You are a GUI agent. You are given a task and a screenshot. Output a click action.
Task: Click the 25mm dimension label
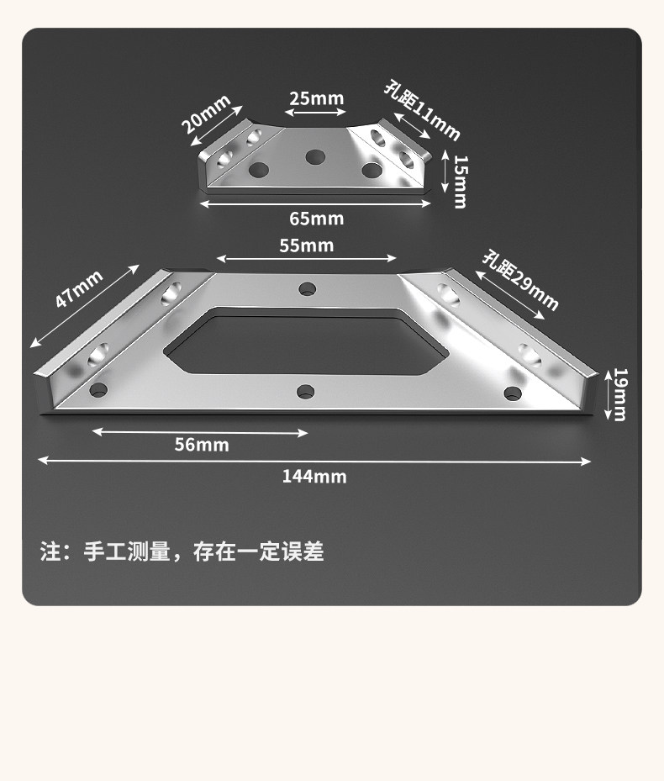click(316, 98)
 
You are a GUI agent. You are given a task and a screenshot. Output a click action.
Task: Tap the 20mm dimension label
click(206, 113)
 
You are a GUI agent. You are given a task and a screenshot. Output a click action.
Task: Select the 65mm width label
click(316, 219)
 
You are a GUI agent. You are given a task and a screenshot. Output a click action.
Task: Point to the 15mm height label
click(459, 180)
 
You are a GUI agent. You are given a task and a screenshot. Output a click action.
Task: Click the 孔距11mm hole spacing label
click(422, 110)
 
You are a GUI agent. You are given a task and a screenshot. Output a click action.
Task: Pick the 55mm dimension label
click(306, 245)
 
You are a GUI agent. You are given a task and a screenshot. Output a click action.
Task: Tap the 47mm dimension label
click(79, 288)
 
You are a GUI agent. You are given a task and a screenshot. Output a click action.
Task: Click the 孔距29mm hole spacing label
click(519, 280)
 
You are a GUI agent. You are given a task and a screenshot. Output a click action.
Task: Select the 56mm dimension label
click(202, 445)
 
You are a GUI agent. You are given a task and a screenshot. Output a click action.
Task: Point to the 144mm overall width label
click(314, 477)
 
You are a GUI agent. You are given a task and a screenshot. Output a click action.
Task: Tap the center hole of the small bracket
click(316, 156)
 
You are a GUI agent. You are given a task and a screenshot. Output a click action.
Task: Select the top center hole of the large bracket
click(308, 289)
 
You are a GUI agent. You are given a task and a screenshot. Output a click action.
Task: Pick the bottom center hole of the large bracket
click(306, 391)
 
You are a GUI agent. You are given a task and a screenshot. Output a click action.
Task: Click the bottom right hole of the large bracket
click(512, 393)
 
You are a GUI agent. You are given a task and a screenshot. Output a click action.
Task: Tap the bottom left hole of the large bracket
click(100, 390)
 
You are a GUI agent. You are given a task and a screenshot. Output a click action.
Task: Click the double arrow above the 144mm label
click(314, 460)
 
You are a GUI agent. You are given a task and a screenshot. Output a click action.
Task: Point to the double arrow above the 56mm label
click(200, 432)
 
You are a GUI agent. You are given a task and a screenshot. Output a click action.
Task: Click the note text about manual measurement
click(182, 552)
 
